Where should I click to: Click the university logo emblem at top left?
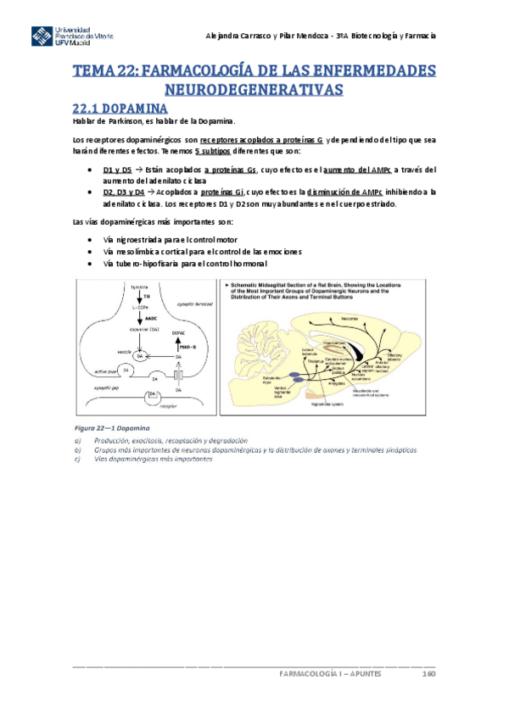tap(42, 37)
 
